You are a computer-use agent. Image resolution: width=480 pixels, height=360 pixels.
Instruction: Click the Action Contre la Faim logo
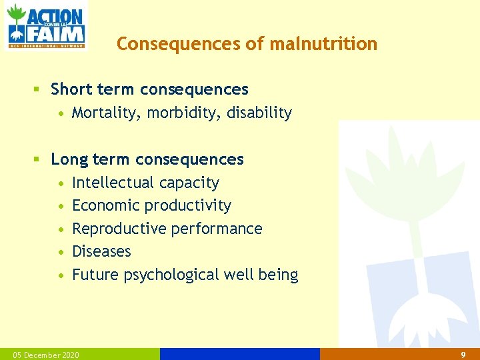click(45, 26)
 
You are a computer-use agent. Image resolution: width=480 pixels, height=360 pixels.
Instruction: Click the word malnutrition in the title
click(323, 44)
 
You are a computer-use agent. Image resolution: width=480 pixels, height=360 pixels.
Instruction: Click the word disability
click(259, 113)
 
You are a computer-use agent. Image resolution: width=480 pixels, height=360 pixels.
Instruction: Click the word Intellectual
click(111, 183)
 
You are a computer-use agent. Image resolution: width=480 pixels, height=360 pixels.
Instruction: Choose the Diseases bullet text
click(101, 251)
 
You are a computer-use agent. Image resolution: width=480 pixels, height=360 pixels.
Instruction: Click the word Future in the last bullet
click(95, 275)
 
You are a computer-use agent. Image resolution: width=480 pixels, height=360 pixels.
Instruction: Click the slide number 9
click(463, 355)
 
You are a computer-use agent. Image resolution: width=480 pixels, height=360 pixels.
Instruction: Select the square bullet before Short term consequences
click(39, 89)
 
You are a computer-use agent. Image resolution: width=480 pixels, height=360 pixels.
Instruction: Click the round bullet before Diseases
click(61, 252)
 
